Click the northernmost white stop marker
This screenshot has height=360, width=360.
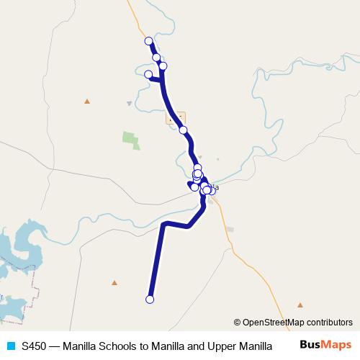point(149,41)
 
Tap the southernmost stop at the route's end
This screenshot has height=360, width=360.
point(150,300)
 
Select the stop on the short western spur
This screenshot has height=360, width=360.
point(149,74)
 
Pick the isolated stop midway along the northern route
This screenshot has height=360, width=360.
point(184,130)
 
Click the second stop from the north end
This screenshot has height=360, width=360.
point(156,58)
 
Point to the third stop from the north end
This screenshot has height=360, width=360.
point(163,66)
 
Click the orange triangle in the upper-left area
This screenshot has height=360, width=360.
point(87,101)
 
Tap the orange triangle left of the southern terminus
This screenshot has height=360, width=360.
point(114,282)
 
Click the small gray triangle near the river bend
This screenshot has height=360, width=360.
point(129,103)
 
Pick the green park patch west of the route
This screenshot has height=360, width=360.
point(130,140)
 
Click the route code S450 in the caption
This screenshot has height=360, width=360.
point(34,346)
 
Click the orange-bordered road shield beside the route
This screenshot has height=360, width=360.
point(175,117)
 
